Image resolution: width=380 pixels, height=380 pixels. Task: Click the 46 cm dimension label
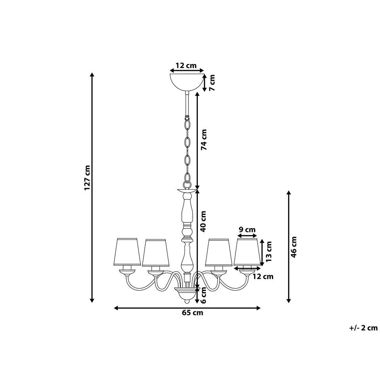[x=294, y=247]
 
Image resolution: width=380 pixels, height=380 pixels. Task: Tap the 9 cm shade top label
[x=247, y=230]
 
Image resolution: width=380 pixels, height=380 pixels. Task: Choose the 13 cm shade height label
[x=269, y=252]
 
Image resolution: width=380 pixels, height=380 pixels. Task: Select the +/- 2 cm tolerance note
[x=364, y=327]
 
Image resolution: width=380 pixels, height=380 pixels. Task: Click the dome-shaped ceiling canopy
[x=187, y=81]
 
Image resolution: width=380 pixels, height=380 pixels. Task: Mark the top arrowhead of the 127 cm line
[x=92, y=75]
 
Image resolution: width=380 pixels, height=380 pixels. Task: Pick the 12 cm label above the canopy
[x=186, y=65]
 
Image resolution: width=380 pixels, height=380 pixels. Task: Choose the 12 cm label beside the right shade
[x=263, y=277]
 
